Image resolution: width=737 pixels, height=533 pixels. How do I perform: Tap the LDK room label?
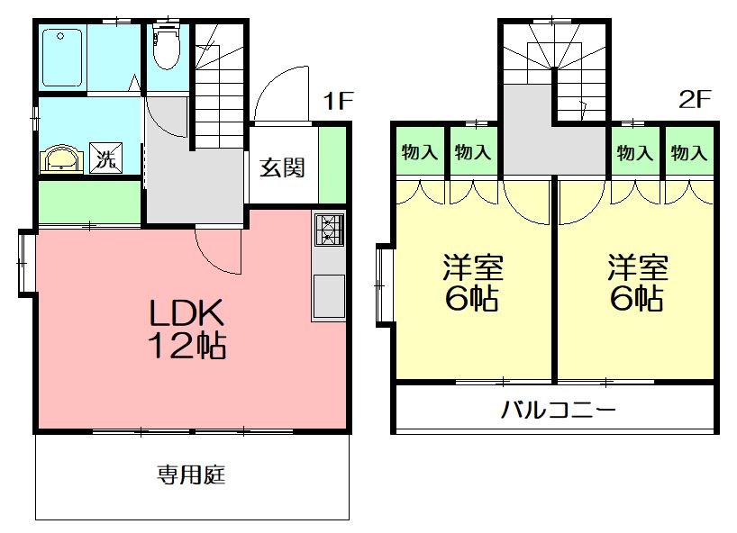point(186,312)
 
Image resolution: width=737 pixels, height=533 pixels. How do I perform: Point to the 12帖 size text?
point(187,345)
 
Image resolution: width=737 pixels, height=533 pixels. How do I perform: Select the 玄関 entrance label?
point(283,167)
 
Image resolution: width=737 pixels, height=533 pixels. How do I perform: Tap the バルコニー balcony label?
point(558,411)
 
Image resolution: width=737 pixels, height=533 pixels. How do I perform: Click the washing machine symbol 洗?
point(106,159)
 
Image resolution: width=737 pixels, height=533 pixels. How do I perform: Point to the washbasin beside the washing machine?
point(62,159)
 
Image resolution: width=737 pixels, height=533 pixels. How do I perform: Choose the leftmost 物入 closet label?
point(419,152)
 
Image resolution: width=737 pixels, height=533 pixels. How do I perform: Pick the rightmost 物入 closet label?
point(688,152)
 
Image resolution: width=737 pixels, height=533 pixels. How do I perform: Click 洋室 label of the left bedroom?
point(472,267)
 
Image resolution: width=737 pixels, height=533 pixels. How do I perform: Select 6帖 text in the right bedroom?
point(637,298)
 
